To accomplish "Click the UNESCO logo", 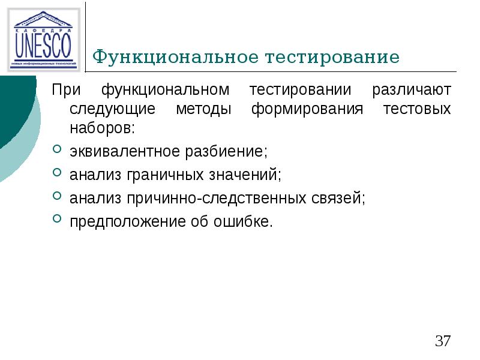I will point(43,40).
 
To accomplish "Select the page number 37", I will point(443,341).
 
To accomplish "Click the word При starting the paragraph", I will point(65,91).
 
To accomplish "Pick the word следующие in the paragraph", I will point(113,110).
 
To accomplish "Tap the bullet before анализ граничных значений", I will point(56,173).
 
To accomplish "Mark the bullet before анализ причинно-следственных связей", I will point(56,197).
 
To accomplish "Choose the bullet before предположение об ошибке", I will point(56,220).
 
